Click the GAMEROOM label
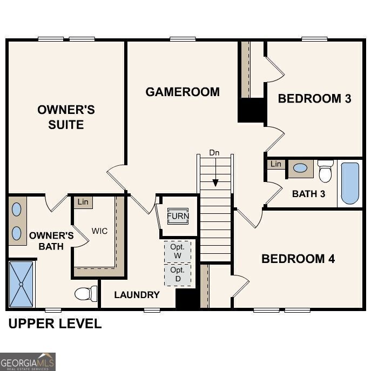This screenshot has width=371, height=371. [x=183, y=92]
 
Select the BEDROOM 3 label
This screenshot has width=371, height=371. [x=314, y=98]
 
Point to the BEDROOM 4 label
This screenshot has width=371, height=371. [x=298, y=259]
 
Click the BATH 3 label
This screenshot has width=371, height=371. [x=308, y=193]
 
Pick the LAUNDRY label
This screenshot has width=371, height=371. [x=137, y=295]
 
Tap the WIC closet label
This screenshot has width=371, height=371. [x=99, y=231]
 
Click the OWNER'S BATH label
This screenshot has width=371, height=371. [x=51, y=241]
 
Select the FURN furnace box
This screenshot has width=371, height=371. [x=178, y=216]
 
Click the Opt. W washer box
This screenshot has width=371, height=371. [x=177, y=251]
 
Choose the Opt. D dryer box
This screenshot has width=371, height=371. [x=177, y=274]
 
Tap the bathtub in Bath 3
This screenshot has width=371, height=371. [x=350, y=183]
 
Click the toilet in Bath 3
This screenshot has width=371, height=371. [x=325, y=171]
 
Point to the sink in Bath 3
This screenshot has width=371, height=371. [x=300, y=168]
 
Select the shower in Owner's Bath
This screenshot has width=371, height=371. [x=22, y=284]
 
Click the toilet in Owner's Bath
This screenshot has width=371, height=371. [x=85, y=294]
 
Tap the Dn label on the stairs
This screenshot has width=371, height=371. [x=214, y=153]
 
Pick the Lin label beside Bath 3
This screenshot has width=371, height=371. [x=276, y=164]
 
